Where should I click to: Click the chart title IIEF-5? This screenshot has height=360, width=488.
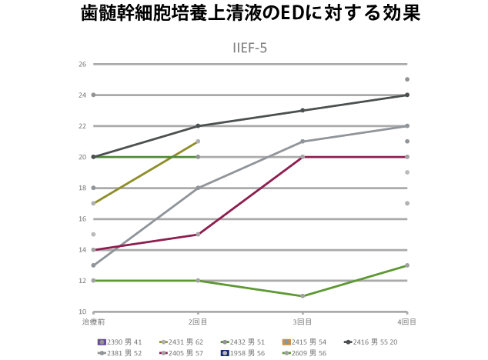point(250,48)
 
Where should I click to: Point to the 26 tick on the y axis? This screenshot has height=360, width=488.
point(82,64)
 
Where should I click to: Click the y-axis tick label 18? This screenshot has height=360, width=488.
point(82,188)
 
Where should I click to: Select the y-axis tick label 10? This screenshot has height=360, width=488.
point(82,312)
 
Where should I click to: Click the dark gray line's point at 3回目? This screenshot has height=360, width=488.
point(302,110)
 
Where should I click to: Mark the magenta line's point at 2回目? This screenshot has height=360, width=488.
point(198,234)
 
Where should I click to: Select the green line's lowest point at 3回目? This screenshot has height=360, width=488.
point(302,296)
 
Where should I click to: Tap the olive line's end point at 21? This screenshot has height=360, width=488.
point(198,142)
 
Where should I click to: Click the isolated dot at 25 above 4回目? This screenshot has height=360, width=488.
point(406,79)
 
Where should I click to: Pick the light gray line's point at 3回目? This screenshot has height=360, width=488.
point(302,142)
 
